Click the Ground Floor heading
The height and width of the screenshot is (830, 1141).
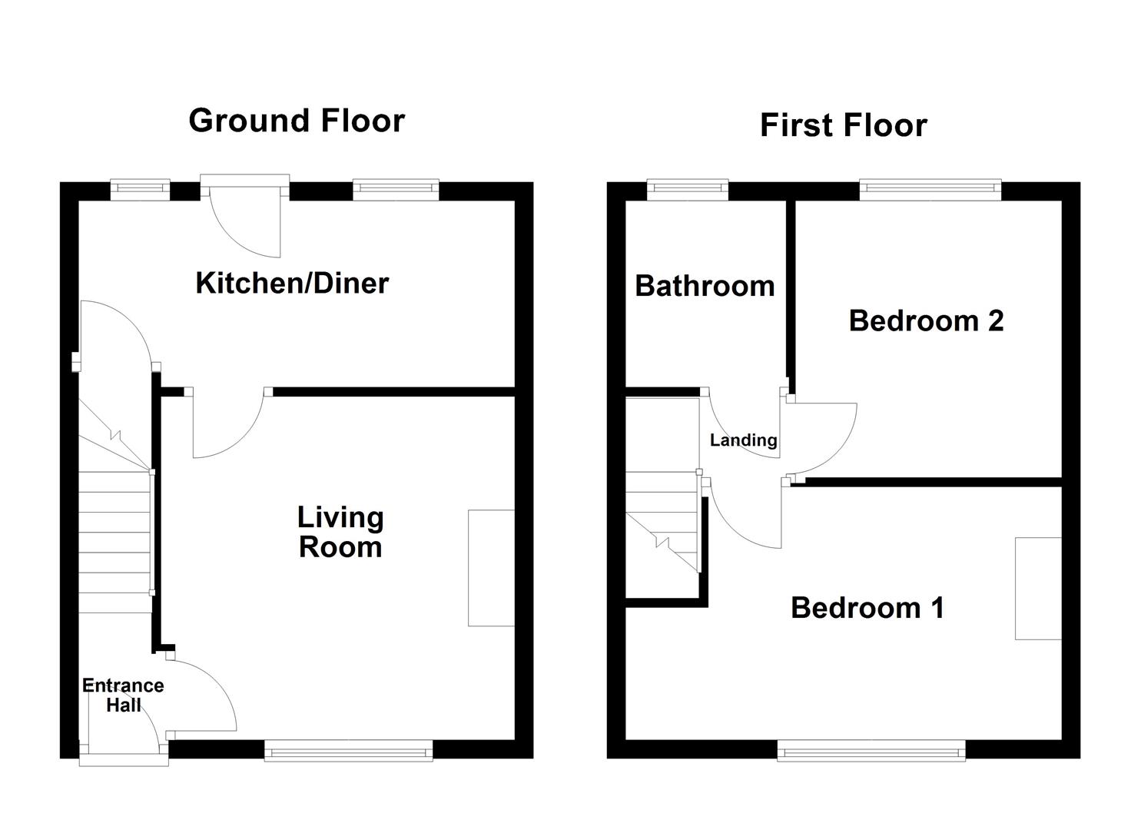coord(297,121)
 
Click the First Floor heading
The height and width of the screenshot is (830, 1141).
coord(844,125)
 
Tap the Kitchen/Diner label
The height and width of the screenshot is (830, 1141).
coord(293,284)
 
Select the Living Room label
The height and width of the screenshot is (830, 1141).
coord(340,532)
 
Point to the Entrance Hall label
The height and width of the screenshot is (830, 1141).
coord(123,695)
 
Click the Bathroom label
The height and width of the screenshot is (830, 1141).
coord(705,286)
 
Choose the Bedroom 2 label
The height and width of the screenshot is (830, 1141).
coord(926,321)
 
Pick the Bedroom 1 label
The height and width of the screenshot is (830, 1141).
coord(867,608)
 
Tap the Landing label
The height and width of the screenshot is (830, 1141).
coord(744,440)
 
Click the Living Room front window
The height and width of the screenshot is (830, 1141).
coord(348,751)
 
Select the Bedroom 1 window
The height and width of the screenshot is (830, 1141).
coord(871,751)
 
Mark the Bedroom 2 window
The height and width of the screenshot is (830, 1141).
coord(930,189)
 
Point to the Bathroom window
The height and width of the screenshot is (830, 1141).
coord(688,189)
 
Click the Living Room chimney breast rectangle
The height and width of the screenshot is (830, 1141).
coord(491,568)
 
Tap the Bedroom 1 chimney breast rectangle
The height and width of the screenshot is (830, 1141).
coord(1038,589)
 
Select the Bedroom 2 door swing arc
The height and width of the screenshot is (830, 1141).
coord(836,453)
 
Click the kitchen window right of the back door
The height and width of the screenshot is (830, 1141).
coord(396,189)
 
